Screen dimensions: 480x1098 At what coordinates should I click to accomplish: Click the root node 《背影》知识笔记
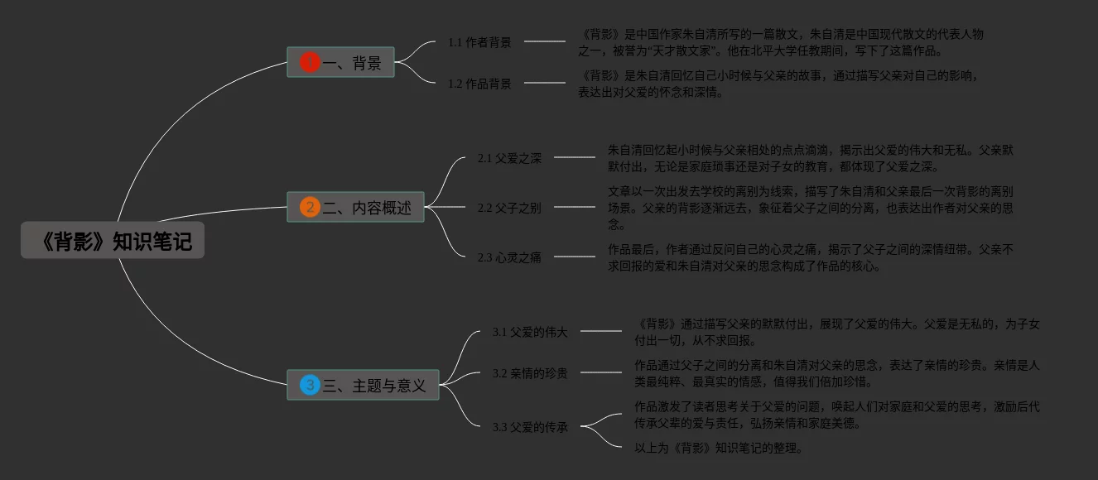point(113,241)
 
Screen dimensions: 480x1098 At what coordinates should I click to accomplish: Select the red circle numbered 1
point(310,62)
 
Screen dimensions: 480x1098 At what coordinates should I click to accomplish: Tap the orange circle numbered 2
point(310,207)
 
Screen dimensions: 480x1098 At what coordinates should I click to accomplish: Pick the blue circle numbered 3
point(310,385)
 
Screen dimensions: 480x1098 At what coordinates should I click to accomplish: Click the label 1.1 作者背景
point(479,42)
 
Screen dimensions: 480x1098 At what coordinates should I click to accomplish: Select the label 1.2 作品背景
point(479,84)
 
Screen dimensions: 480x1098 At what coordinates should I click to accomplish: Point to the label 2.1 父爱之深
point(509,158)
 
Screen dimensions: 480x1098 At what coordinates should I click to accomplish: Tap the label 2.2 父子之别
point(509,208)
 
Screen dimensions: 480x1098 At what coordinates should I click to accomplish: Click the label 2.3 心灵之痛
point(509,257)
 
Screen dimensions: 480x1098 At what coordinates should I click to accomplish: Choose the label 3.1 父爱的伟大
point(530,332)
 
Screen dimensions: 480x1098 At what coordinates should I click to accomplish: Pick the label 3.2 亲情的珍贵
point(530,373)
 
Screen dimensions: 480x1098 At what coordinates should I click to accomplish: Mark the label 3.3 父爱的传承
point(530,427)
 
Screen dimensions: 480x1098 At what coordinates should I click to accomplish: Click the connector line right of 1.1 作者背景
point(545,41)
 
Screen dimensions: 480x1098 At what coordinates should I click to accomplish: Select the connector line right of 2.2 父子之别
point(575,207)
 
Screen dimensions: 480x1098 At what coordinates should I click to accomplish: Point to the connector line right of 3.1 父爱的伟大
point(601,331)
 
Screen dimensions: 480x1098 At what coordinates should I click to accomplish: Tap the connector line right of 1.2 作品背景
point(545,83)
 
